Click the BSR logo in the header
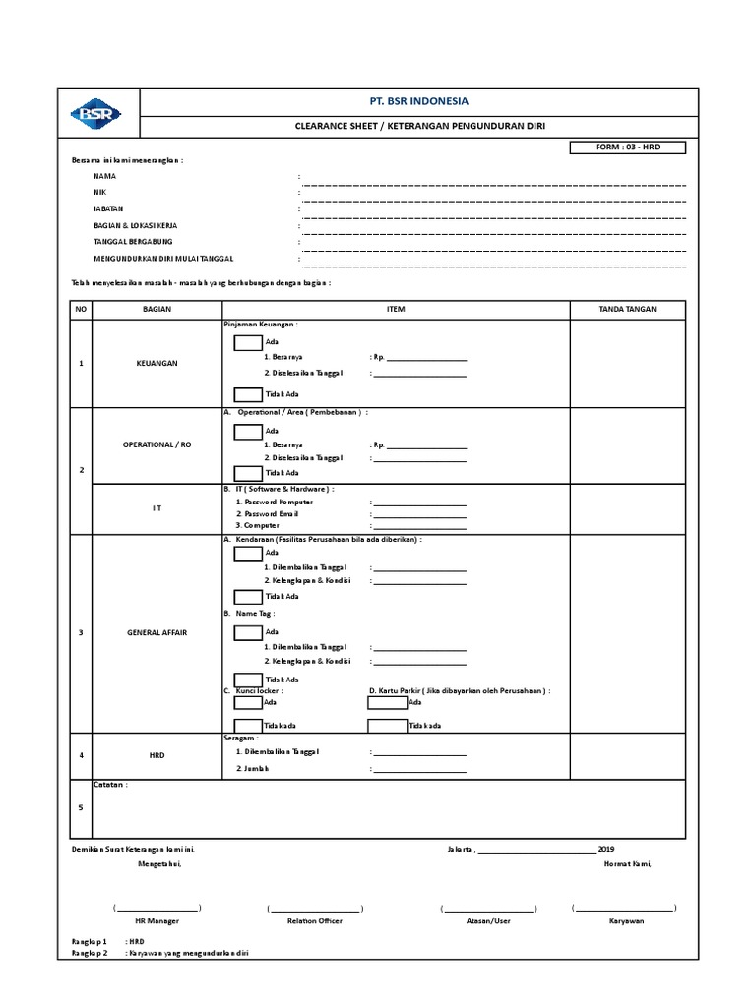point(95,114)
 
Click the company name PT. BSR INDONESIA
point(418,101)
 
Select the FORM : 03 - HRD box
point(627,147)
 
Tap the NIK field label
point(98,193)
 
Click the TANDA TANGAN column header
point(627,309)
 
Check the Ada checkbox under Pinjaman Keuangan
point(248,342)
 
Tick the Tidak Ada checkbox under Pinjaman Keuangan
point(248,394)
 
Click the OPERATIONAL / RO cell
point(157,444)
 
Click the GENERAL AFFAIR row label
point(157,632)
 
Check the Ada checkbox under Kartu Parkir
point(387,703)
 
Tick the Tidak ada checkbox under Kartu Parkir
point(387,726)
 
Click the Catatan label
point(109,785)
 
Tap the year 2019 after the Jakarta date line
point(605,848)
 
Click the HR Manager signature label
point(157,921)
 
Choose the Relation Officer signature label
point(314,921)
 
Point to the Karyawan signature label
point(626,921)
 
